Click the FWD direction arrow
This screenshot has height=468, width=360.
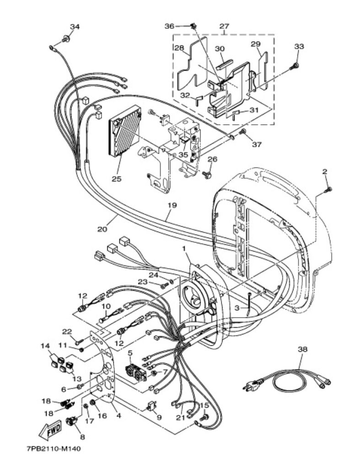coord(51,429)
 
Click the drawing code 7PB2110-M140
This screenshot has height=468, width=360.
coord(54,449)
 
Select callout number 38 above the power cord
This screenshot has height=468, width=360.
coord(302,349)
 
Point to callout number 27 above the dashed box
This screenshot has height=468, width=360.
coord(224,26)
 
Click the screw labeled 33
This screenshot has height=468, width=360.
coord(295,66)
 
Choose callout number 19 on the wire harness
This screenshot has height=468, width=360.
coord(172,205)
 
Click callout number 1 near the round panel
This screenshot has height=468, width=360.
coord(184,248)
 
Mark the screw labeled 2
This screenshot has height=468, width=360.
coord(328,189)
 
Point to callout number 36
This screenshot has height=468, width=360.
coord(169,26)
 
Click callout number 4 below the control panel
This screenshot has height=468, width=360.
coord(118,415)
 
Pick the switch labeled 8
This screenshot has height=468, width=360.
coord(71,422)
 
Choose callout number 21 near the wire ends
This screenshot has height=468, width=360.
coord(180,418)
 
